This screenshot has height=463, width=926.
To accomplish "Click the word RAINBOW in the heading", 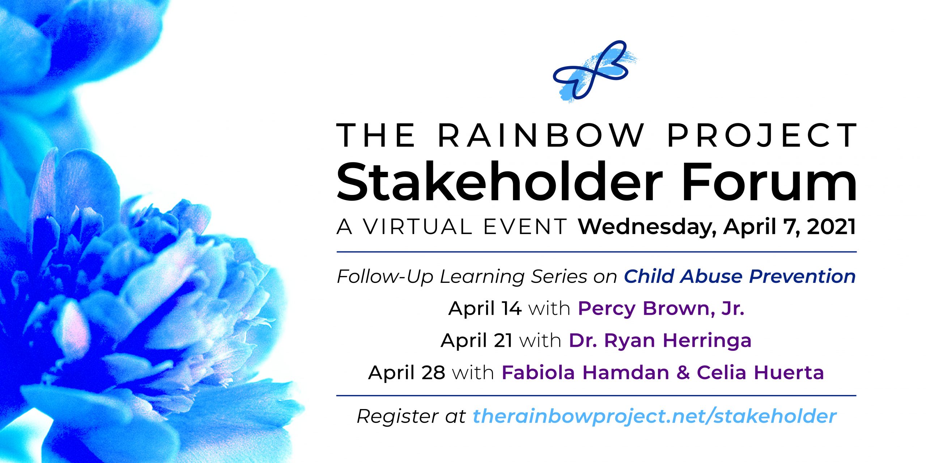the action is point(541,135).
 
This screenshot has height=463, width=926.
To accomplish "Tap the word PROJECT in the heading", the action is point(762,135).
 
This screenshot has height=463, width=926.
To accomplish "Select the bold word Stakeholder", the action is point(500,182).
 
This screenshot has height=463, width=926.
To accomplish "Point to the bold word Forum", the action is point(769,182).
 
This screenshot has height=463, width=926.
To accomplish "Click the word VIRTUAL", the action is point(418,227).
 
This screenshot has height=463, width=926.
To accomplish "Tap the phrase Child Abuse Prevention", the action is point(740,276).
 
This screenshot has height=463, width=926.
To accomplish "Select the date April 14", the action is point(485,309).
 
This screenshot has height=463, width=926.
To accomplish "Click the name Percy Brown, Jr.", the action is point(661,309).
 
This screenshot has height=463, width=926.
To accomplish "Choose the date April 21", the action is point(476,341).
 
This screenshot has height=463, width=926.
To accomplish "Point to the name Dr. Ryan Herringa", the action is point(660,341).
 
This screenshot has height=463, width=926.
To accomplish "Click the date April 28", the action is point(407,373).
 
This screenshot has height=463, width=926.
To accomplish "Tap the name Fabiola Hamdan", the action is point(585,373).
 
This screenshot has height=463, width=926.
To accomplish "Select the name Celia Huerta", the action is point(760,373).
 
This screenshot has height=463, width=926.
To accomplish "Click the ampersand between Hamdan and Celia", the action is point(683,373).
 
